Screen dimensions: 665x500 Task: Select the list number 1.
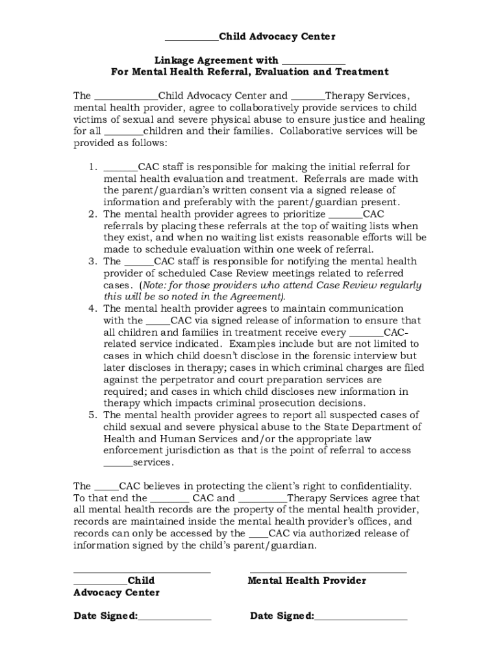[x=94, y=167]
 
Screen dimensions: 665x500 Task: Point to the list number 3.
[x=94, y=262]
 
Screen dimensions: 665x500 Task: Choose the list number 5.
[x=94, y=415]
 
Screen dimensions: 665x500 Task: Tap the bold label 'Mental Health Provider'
[x=306, y=581]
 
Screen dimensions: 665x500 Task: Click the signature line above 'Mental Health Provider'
[x=328, y=572]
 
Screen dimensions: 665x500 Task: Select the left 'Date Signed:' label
[x=105, y=616]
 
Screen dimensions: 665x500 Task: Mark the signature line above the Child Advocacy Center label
[x=142, y=572]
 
